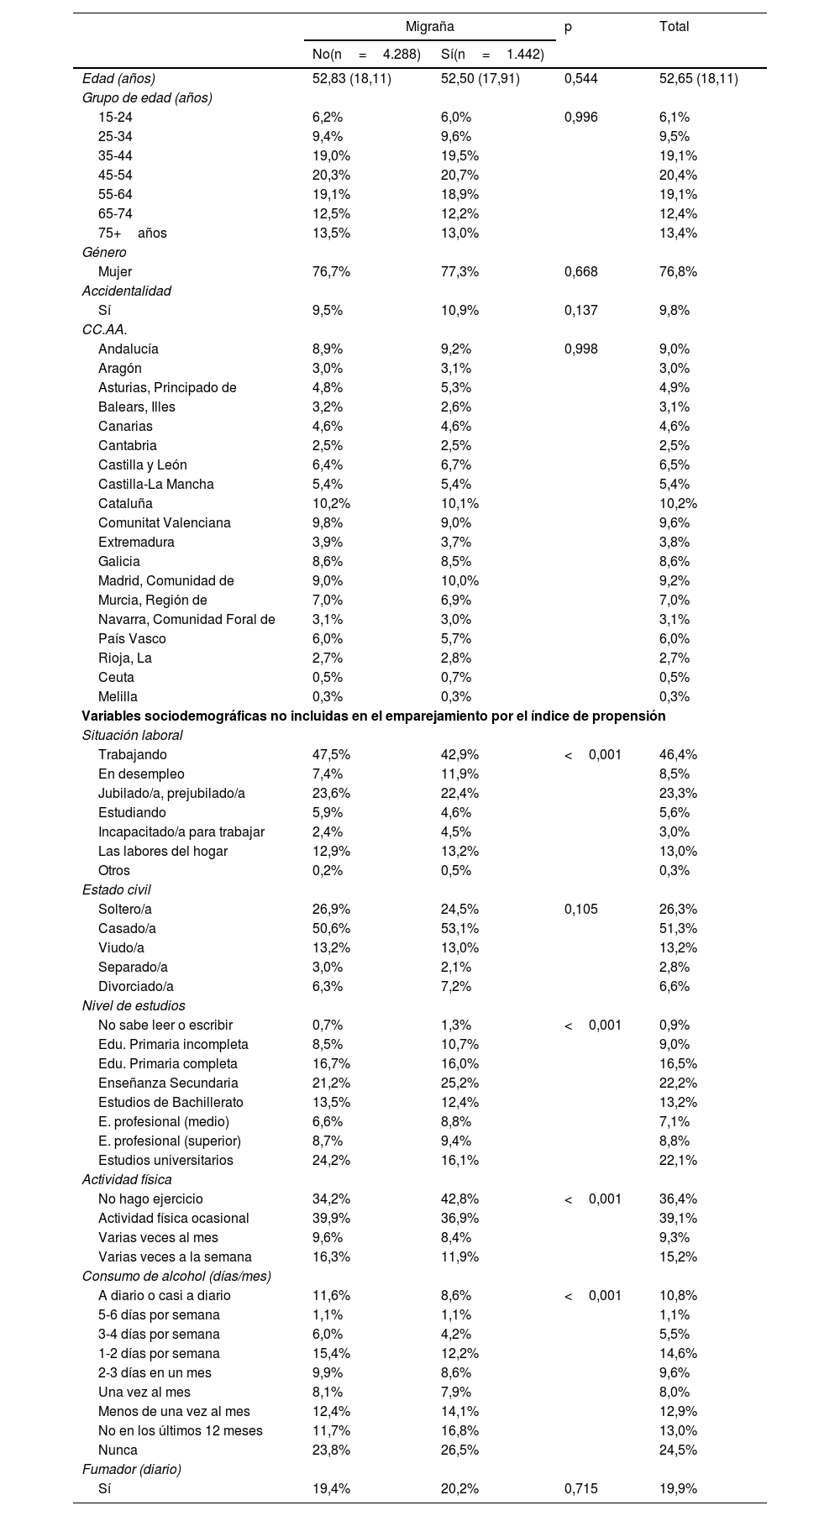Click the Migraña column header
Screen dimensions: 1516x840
pyautogui.click(x=429, y=27)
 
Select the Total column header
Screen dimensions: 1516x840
pyautogui.click(x=674, y=27)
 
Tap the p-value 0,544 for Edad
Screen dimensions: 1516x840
pyautogui.click(x=581, y=79)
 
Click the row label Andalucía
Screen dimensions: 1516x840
pyautogui.click(x=128, y=349)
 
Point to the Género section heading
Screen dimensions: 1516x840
pyautogui.click(x=104, y=253)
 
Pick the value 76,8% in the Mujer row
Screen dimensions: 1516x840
pyautogui.click(x=678, y=272)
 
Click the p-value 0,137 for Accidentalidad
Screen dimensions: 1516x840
pyautogui.click(x=581, y=311)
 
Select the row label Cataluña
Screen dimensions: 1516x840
pyautogui.click(x=125, y=504)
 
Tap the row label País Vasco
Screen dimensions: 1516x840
pyautogui.click(x=132, y=639)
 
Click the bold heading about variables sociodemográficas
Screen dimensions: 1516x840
pyautogui.click(x=373, y=716)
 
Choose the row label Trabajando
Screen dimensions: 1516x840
pyautogui.click(x=132, y=755)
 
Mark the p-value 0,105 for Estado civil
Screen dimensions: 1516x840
pyautogui.click(x=581, y=910)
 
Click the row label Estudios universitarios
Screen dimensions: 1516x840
pyautogui.click(x=165, y=1161)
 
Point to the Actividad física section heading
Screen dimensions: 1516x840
pyautogui.click(x=127, y=1180)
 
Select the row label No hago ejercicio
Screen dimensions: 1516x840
pyautogui.click(x=150, y=1199)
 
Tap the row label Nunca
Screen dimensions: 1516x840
pyautogui.click(x=118, y=1450)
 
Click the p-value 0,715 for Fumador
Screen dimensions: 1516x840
pyautogui.click(x=581, y=1489)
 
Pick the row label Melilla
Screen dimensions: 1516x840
pyautogui.click(x=118, y=697)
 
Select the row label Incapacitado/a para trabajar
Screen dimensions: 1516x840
pyautogui.click(x=181, y=832)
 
